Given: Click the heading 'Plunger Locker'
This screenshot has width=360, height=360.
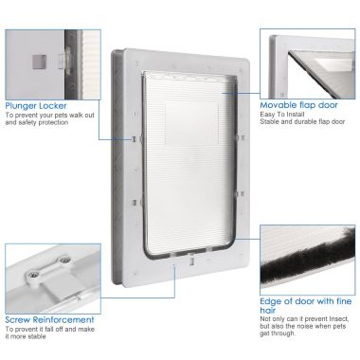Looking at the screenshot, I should point(35,106).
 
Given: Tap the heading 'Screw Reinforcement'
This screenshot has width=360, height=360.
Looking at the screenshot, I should point(49,319).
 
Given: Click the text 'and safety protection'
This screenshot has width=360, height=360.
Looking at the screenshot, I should point(37,123).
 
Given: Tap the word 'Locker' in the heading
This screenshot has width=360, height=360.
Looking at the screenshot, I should point(51,106).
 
